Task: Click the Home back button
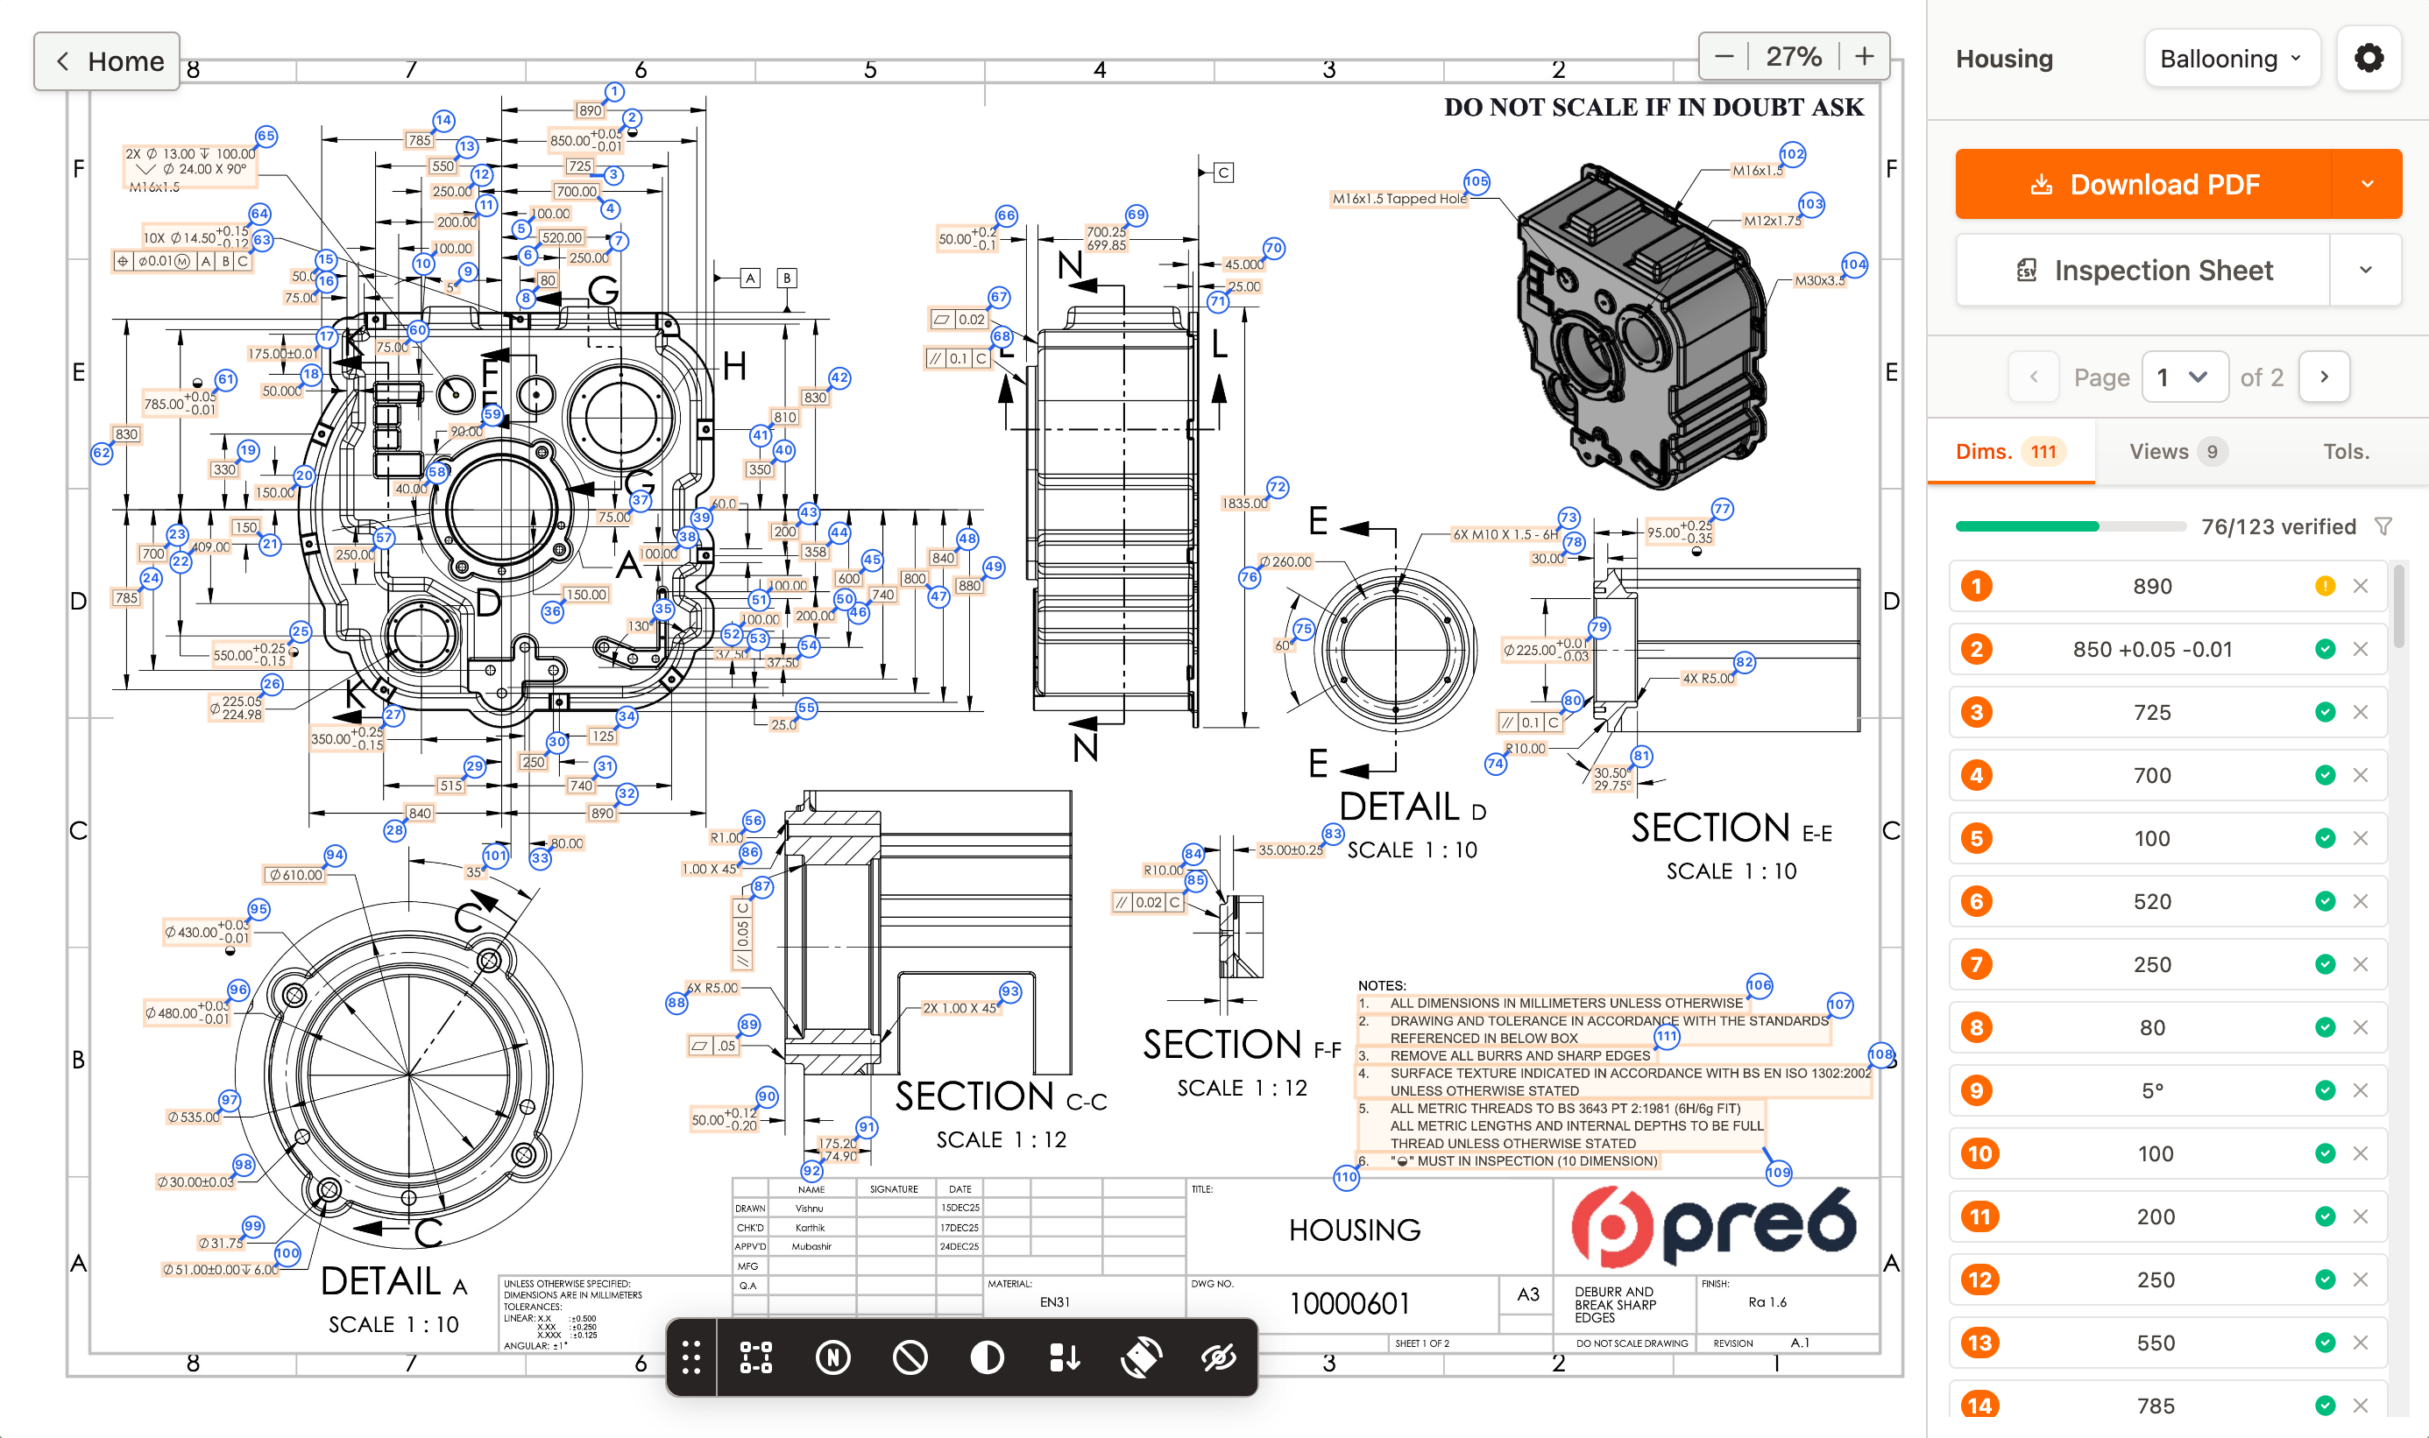coord(107,61)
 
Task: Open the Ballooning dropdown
coord(2230,59)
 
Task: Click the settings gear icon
coord(2368,59)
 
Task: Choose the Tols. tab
coord(2346,452)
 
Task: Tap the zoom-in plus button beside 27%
coord(1864,56)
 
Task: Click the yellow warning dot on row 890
coord(2325,586)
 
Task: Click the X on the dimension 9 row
coord(2360,1090)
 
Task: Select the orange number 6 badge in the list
coord(1976,901)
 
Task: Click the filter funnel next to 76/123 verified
coord(2383,526)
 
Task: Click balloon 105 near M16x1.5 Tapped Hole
coord(1477,181)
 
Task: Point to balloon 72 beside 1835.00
coord(1278,488)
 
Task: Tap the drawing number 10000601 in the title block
coord(1349,1303)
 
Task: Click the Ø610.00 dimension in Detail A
coord(295,875)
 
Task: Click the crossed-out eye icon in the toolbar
coord(1217,1357)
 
